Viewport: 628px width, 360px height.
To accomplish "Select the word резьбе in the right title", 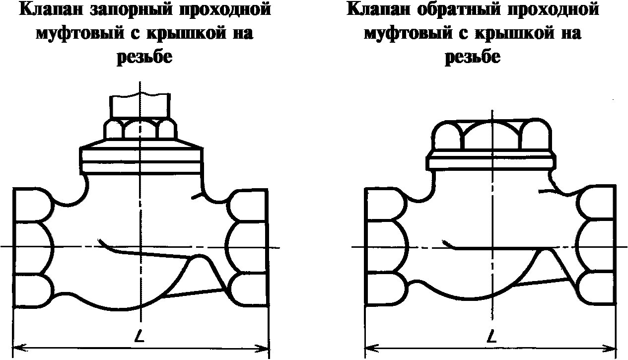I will click(x=472, y=57).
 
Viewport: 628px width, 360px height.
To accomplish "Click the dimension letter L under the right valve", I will click(x=492, y=338).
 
